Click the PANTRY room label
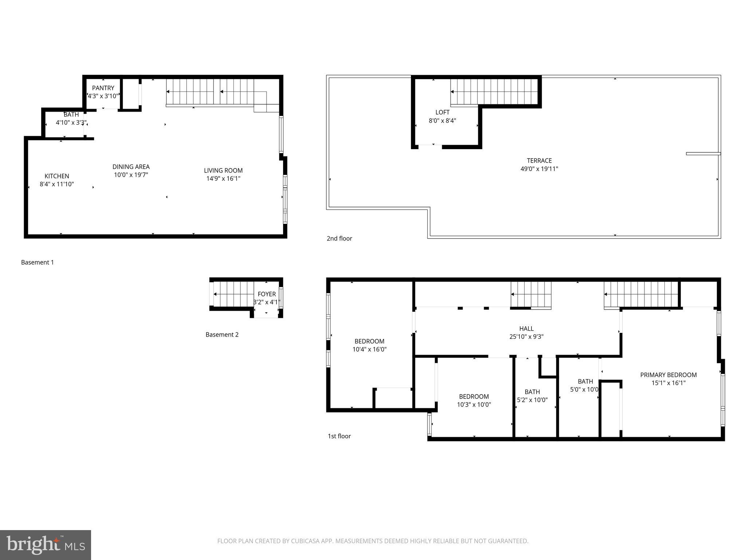(103, 88)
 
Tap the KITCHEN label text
(57, 176)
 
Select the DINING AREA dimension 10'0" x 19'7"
(131, 175)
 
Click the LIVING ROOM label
(223, 170)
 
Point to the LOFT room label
(442, 112)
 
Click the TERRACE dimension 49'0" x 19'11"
(539, 169)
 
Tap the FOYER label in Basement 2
(267, 294)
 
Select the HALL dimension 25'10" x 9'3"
(526, 337)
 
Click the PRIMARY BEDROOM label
(668, 375)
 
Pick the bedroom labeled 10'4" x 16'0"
(369, 345)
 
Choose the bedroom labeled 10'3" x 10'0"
(474, 400)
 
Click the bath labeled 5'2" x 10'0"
(532, 396)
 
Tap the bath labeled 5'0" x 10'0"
(585, 385)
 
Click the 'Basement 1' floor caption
(38, 262)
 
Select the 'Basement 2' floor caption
(222, 335)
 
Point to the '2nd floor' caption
(339, 238)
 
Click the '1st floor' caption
(339, 436)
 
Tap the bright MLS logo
(46, 545)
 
